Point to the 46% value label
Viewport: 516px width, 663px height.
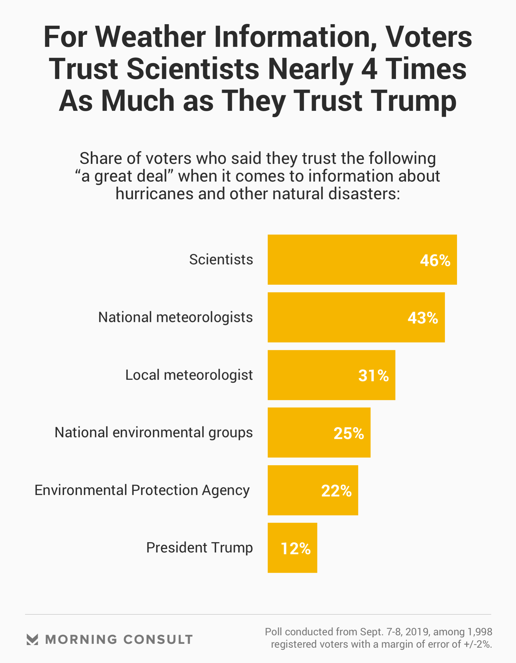[x=435, y=261]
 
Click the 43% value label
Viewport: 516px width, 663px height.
[x=423, y=318]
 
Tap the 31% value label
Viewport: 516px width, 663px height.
[x=374, y=376]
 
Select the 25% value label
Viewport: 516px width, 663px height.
[x=349, y=433]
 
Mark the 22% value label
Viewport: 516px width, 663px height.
[x=336, y=491]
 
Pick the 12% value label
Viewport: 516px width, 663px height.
[x=296, y=549]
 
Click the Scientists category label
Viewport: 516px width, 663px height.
[x=221, y=259]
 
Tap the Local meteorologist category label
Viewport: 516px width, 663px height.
[x=189, y=375]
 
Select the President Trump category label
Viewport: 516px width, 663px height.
[x=199, y=548]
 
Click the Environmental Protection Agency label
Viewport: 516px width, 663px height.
[x=142, y=490]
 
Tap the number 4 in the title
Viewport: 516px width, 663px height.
[x=370, y=69]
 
